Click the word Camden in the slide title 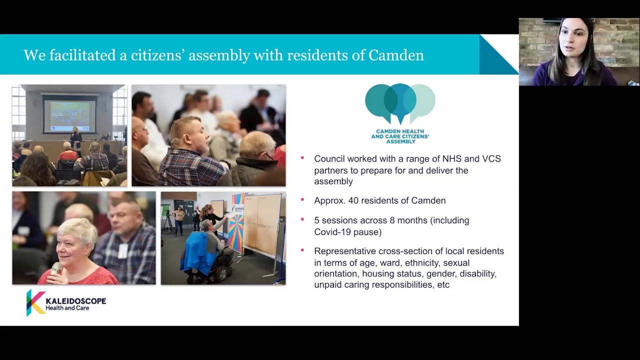point(396,55)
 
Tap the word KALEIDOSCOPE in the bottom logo point(75,301)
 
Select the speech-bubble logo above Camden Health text point(400,102)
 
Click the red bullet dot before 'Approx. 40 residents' point(302,199)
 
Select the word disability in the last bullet point(478,273)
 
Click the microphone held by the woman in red point(55,269)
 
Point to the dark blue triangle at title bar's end point(495,57)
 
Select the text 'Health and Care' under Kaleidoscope point(67,308)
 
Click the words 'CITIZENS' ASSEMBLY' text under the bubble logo point(400,138)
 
